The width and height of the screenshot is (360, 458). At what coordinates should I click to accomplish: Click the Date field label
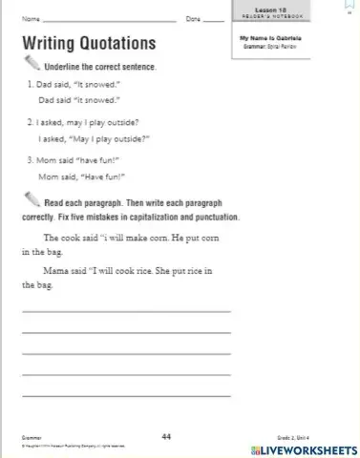(193, 19)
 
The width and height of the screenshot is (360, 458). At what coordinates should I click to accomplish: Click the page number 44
(165, 435)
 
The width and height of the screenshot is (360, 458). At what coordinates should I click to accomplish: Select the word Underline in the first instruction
(63, 67)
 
